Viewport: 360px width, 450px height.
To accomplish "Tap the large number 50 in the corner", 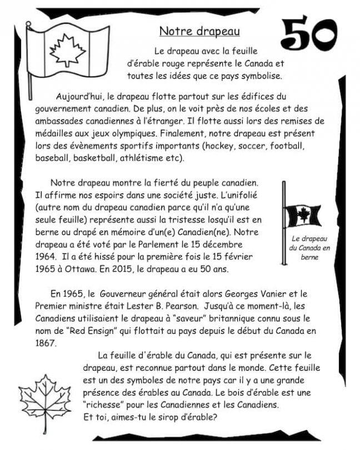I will click(309, 33).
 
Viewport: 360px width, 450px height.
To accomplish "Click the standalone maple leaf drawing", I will click(45, 399).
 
